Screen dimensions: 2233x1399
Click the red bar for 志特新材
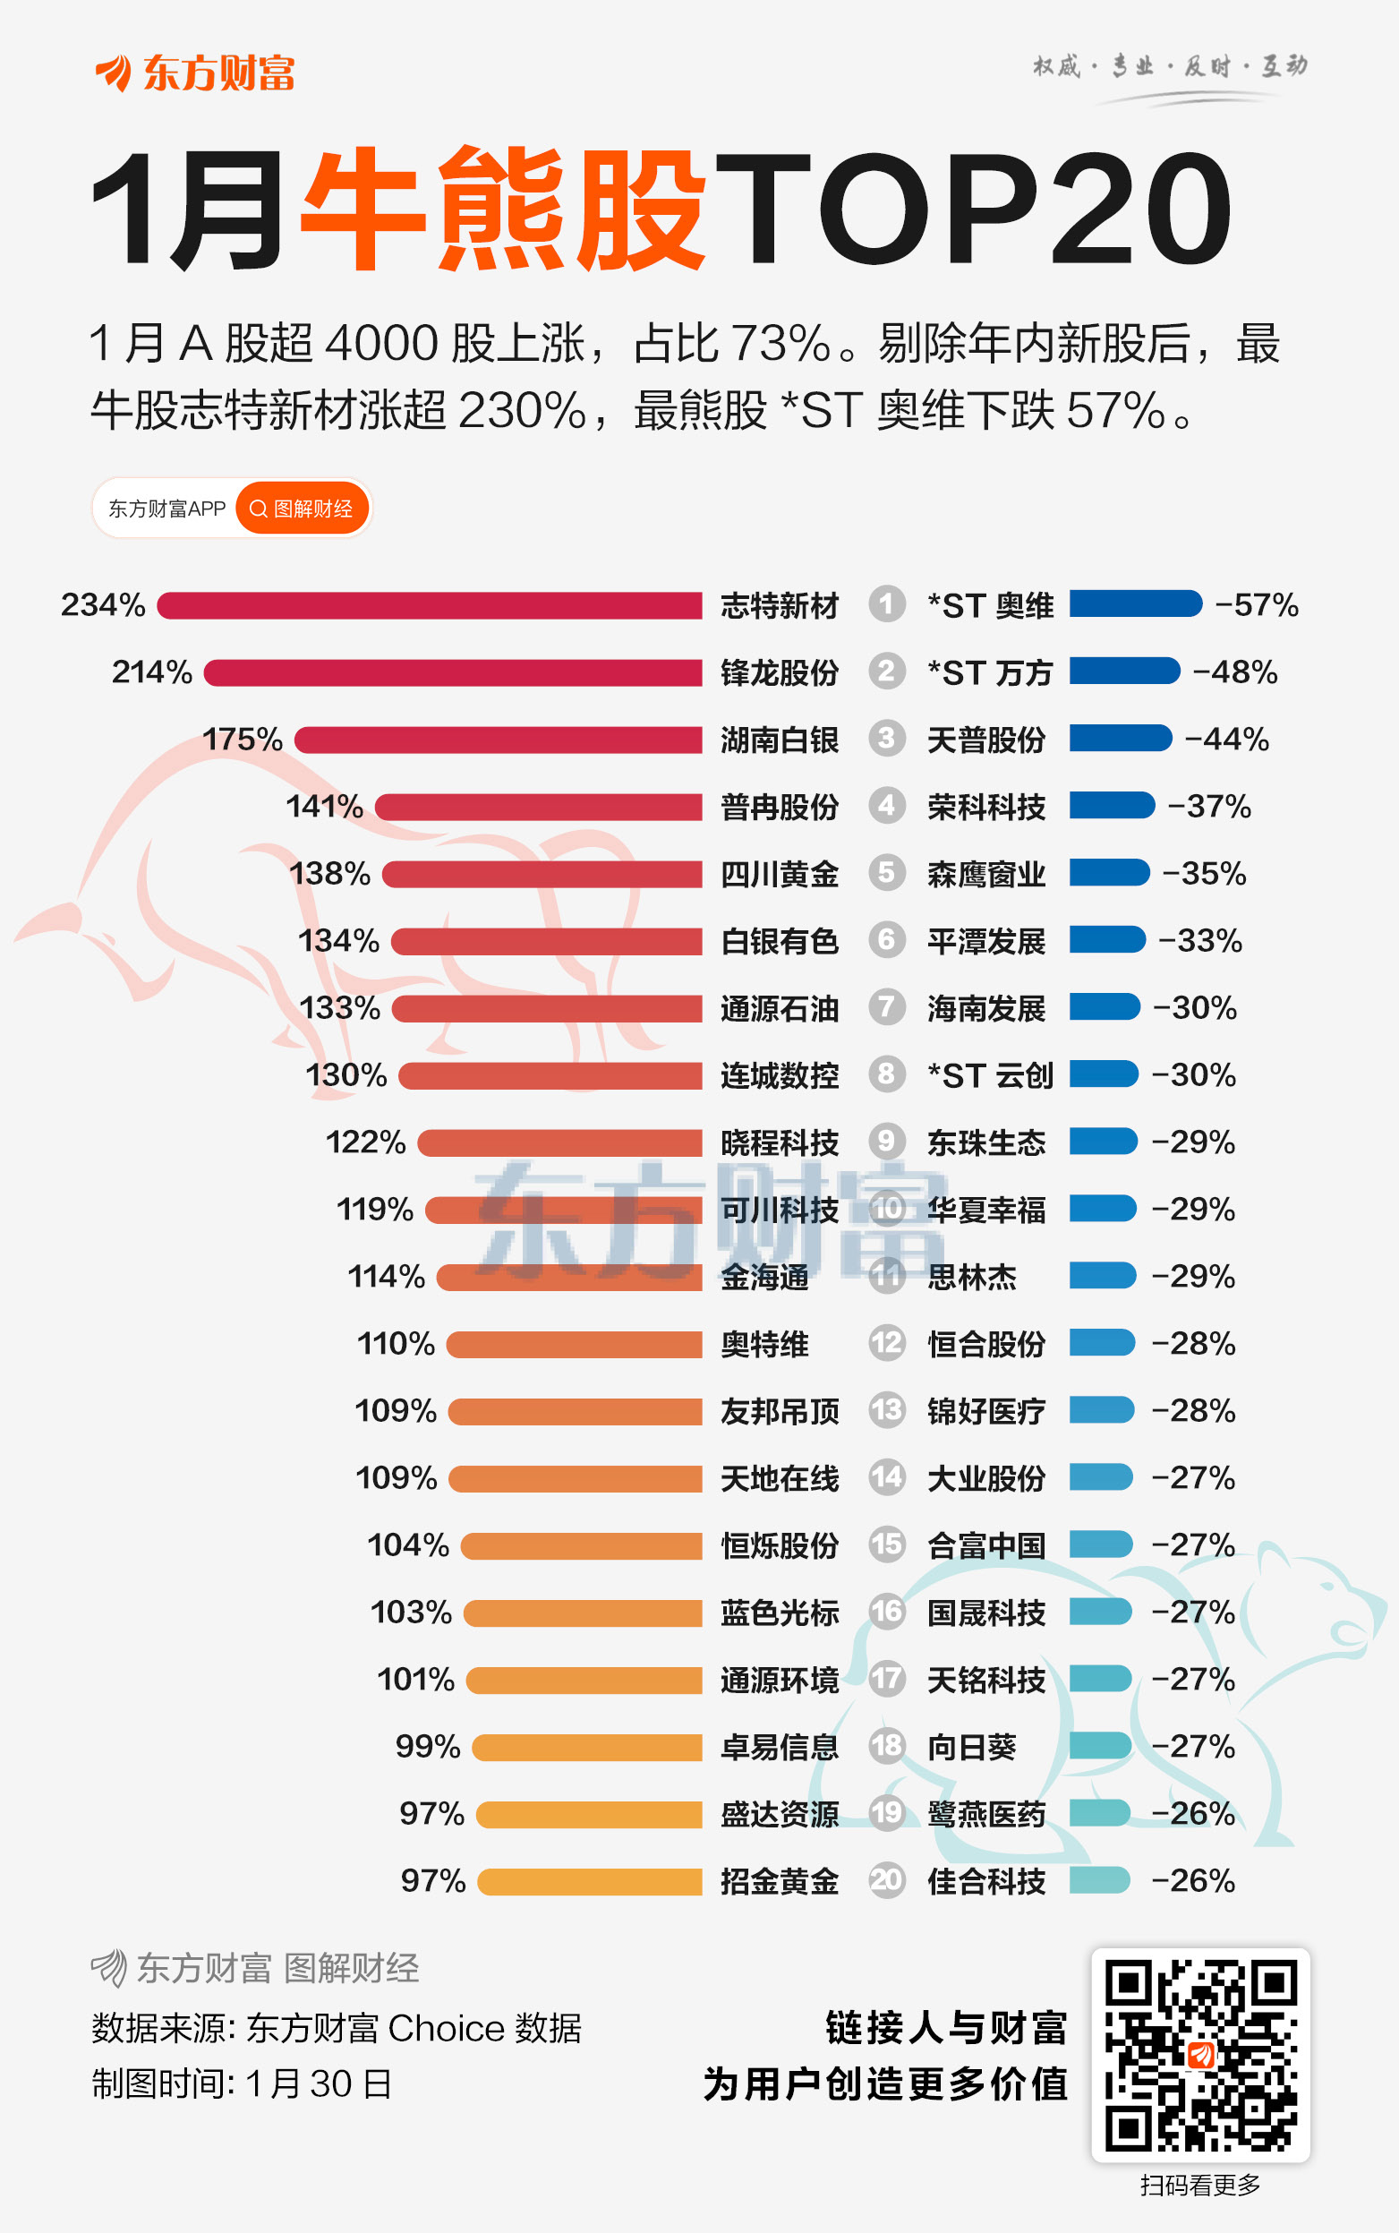click(430, 605)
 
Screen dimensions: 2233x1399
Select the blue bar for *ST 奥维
click(1135, 604)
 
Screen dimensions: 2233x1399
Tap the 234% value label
click(103, 605)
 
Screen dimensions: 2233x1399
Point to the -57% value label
click(1257, 605)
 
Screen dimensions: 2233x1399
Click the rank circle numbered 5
click(886, 873)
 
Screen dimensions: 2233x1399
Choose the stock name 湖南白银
click(779, 740)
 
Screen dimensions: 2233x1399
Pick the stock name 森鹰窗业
click(986, 874)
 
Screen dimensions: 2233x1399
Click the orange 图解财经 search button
click(302, 508)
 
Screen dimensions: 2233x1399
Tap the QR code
click(1200, 2055)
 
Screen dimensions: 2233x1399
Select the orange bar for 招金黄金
click(591, 1881)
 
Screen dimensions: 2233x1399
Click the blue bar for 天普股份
click(1121, 739)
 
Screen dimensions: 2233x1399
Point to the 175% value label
click(243, 740)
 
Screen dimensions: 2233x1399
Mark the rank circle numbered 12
click(886, 1343)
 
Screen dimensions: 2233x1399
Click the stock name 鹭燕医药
click(986, 1814)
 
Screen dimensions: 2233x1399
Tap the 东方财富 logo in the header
click(194, 73)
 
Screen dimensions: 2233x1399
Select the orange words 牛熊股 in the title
click(504, 210)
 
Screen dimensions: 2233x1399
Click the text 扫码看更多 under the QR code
click(1200, 2185)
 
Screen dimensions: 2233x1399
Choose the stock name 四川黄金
click(779, 874)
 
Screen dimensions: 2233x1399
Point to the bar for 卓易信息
click(587, 1747)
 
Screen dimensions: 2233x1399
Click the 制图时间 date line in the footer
click(242, 2084)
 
